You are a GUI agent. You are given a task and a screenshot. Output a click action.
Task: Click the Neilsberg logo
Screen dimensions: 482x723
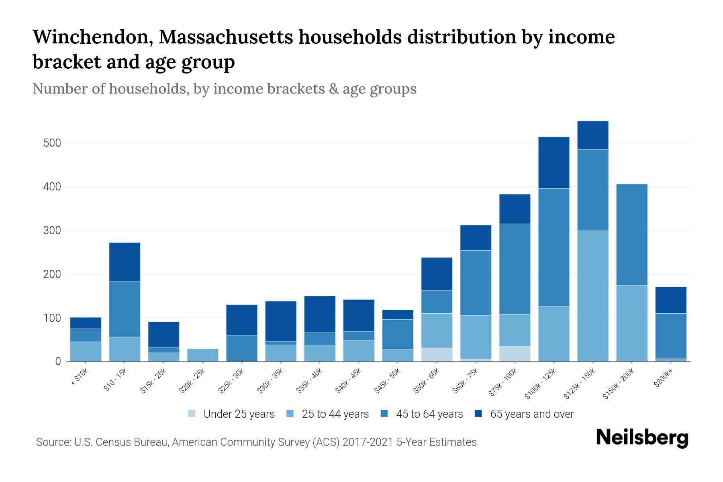tap(642, 437)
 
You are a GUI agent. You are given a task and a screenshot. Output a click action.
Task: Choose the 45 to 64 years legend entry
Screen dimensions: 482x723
tap(422, 414)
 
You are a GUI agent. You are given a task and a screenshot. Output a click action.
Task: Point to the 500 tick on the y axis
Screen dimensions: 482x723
tap(52, 143)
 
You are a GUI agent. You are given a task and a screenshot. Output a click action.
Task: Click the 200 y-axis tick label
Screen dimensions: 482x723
tap(52, 274)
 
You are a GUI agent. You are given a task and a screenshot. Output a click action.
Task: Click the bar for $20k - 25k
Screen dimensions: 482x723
tap(203, 355)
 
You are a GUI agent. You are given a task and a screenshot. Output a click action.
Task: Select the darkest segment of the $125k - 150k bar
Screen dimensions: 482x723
tap(593, 135)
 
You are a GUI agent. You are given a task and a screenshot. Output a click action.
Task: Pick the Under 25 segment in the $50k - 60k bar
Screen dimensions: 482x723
tap(437, 354)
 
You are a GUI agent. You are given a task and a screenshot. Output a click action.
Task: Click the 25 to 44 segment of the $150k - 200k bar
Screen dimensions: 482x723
tap(632, 323)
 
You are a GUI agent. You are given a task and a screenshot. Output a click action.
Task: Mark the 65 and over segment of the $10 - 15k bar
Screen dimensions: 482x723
tap(125, 261)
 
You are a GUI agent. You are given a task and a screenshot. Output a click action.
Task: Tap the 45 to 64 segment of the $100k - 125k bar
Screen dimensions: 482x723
tap(554, 247)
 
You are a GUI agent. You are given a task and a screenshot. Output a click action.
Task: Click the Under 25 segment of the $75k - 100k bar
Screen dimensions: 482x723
tap(515, 353)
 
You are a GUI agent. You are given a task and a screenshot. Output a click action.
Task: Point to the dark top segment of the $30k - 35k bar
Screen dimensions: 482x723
tap(281, 321)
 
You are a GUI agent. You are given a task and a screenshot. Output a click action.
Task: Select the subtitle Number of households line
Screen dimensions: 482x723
tap(224, 89)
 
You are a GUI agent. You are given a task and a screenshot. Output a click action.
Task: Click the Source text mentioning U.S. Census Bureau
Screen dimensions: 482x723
tap(256, 442)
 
